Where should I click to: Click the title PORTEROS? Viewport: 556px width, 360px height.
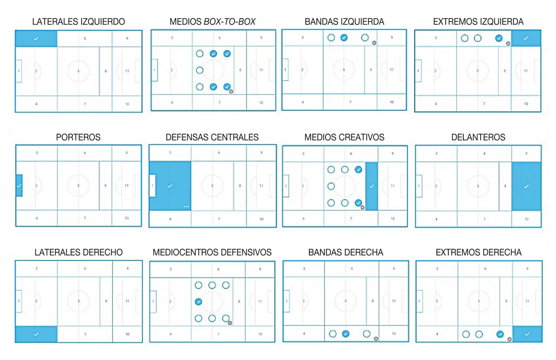(x=78, y=137)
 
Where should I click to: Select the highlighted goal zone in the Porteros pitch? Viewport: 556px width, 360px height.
(x=19, y=185)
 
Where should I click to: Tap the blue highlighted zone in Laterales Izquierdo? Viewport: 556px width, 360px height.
(x=36, y=38)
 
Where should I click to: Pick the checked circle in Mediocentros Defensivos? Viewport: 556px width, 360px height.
(x=199, y=302)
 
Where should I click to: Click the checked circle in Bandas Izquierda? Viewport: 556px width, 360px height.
(x=344, y=37)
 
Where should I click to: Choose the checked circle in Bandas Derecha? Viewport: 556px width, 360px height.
(x=346, y=334)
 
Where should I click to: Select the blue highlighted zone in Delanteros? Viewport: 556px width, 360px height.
(x=526, y=186)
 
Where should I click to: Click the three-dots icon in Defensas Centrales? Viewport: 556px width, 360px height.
(x=186, y=206)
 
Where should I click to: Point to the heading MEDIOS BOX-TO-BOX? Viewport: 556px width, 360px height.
(x=212, y=22)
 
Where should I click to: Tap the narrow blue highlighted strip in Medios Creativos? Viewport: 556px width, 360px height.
(x=372, y=186)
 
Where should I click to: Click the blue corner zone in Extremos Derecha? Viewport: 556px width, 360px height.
(x=527, y=334)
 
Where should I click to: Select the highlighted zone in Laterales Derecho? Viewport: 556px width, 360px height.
(x=36, y=334)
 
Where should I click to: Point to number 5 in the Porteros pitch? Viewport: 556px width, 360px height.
(x=79, y=186)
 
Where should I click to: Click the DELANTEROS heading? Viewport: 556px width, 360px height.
(x=478, y=137)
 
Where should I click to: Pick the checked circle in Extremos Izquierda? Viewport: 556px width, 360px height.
(x=499, y=38)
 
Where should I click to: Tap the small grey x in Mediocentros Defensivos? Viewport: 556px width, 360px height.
(x=230, y=323)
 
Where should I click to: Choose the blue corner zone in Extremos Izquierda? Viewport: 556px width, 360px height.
(x=526, y=38)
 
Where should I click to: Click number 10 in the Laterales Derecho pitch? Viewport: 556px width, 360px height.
(x=127, y=334)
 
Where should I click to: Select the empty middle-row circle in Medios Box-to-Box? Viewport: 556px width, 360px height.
(x=199, y=70)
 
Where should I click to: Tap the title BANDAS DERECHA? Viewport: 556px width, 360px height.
(x=346, y=252)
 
